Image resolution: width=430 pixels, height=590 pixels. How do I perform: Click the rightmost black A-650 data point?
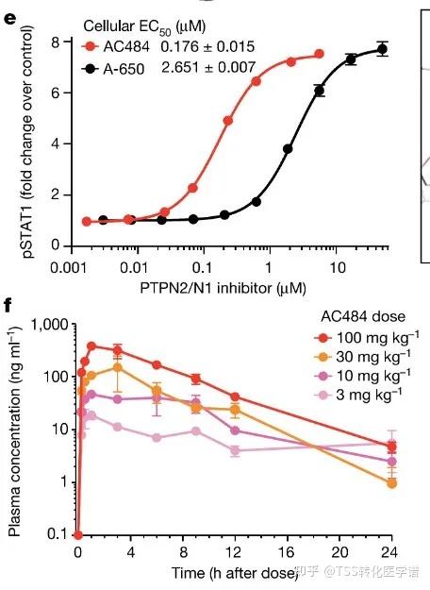pyautogui.click(x=383, y=49)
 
